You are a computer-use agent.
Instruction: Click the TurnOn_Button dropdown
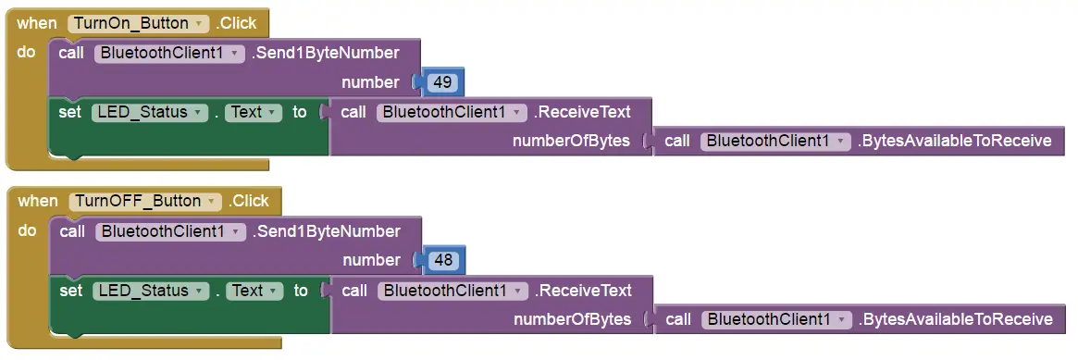(138, 23)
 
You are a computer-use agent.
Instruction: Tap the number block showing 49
(442, 82)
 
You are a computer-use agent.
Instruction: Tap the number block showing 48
(443, 260)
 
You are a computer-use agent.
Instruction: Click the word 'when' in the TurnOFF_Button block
(38, 201)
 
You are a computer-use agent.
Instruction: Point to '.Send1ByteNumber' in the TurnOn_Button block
(326, 53)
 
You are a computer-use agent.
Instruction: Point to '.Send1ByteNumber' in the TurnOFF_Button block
(327, 230)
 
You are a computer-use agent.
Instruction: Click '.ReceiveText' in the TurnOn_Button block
(583, 112)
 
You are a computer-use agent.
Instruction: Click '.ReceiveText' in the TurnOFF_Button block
(584, 290)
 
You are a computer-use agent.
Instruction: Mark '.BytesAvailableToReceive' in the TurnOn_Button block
(954, 142)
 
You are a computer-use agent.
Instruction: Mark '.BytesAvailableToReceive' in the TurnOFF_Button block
(955, 319)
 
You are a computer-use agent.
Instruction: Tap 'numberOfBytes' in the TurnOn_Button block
(571, 142)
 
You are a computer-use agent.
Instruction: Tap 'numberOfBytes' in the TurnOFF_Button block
(572, 319)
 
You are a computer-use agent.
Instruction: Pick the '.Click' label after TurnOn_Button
(236, 23)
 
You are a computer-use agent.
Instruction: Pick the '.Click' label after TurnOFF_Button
(249, 201)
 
